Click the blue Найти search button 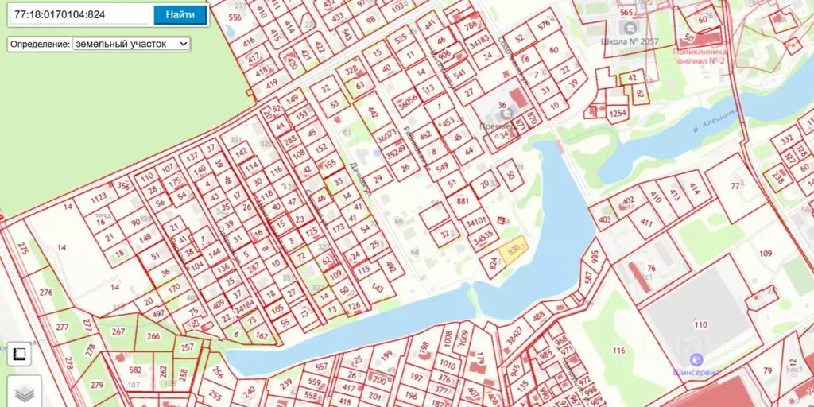tap(180, 14)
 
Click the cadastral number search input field tap(79, 14)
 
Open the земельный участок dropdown tap(131, 44)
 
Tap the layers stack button tap(25, 392)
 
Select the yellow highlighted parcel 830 tap(513, 250)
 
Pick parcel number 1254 tap(618, 114)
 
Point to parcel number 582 tap(135, 370)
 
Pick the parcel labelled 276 tap(45, 293)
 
